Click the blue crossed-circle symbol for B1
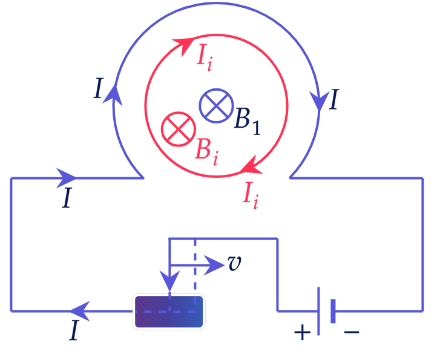tap(216, 106)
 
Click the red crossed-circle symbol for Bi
tap(179, 129)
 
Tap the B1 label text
tap(248, 121)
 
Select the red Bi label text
tap(207, 152)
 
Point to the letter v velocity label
tap(235, 263)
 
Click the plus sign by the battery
tap(302, 333)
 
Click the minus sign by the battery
tap(352, 333)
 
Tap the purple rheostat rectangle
tap(169, 312)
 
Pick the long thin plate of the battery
tap(318, 311)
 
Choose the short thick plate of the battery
tap(333, 311)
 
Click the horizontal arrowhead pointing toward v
tap(214, 265)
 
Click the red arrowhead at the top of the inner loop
tap(184, 46)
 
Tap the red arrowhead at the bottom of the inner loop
tap(251, 166)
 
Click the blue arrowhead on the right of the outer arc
tap(320, 100)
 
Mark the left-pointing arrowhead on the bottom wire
tap(80, 311)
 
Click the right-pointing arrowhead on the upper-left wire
tap(66, 178)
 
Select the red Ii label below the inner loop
tap(251, 195)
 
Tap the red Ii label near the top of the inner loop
tap(205, 58)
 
